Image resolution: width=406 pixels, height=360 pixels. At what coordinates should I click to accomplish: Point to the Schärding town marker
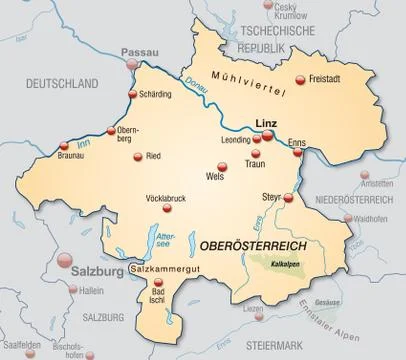pyautogui.click(x=131, y=95)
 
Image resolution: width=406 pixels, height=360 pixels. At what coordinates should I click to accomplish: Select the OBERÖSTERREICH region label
pyautogui.click(x=253, y=245)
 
